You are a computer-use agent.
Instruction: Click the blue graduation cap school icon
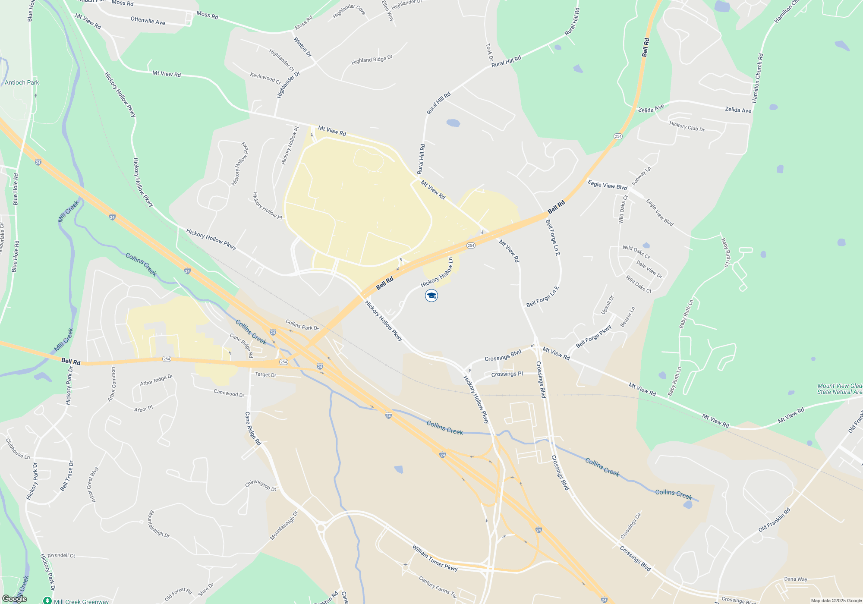(431, 296)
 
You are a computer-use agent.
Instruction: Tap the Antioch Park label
(22, 82)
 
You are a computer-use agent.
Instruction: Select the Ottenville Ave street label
(148, 21)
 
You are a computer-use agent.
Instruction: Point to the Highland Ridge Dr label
(372, 60)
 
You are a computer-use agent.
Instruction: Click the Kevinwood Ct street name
(265, 78)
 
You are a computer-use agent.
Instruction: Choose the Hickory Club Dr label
(687, 126)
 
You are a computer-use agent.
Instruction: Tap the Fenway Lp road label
(641, 176)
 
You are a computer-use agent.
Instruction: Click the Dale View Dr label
(649, 269)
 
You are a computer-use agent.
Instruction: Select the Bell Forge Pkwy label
(594, 337)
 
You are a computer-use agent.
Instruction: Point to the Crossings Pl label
(507, 374)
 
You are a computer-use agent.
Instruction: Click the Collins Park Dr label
(302, 325)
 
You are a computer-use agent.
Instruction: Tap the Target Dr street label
(265, 374)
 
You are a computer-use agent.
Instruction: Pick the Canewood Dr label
(229, 393)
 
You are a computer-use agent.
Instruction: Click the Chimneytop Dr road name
(261, 485)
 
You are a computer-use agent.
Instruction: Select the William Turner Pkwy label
(435, 558)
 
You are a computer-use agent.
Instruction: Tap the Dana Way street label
(795, 579)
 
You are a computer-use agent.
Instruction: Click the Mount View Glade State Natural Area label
(839, 389)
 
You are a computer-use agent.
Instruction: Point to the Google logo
(14, 598)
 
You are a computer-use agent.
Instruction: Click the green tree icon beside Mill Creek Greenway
(47, 601)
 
